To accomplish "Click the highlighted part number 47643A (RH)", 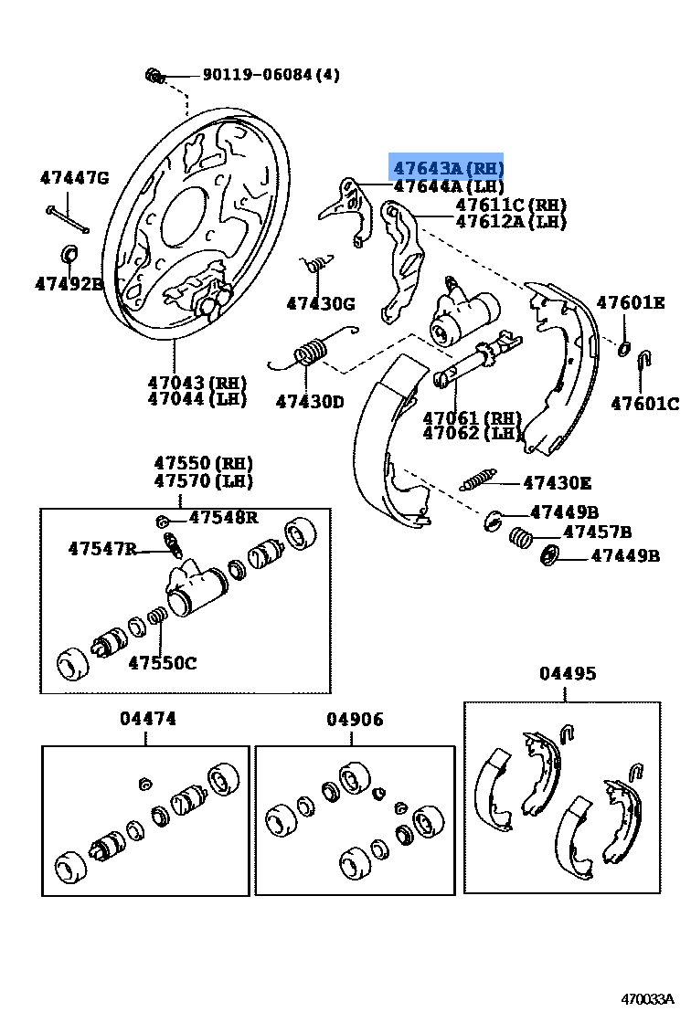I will tap(448, 169).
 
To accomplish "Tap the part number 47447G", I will tap(74, 178).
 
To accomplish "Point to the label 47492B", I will tap(69, 284).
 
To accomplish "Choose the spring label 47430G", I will tap(320, 303).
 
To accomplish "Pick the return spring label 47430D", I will tap(310, 400).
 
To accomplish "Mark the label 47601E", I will tap(632, 303).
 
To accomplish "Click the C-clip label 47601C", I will tap(645, 404).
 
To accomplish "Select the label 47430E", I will tap(558, 483).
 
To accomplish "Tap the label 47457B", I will tap(598, 532).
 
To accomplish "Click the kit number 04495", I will tap(567, 674).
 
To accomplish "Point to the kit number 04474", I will tap(147, 719).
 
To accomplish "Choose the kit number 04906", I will tap(355, 720).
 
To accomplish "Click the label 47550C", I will tap(162, 663).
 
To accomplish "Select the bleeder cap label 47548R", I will tap(223, 518).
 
